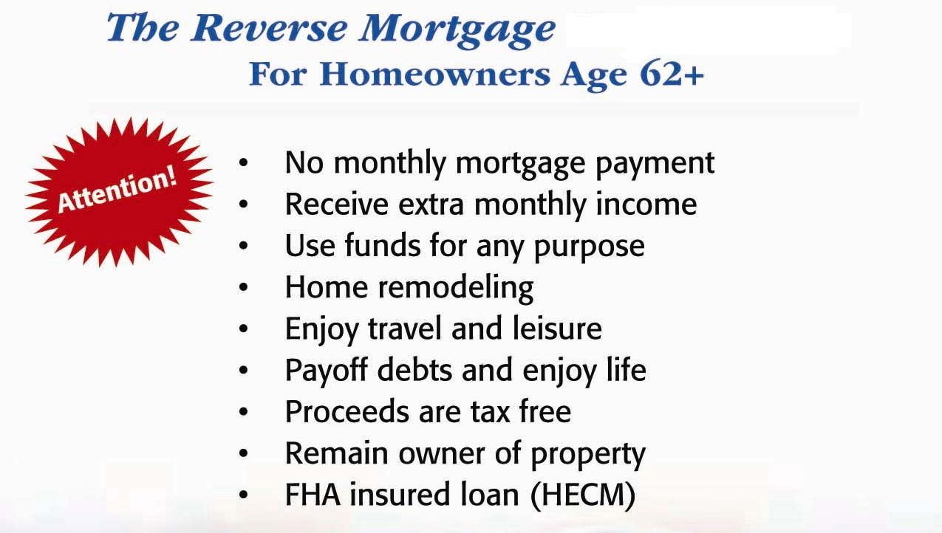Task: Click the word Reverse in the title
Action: coord(269,28)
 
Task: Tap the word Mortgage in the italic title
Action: coord(457,31)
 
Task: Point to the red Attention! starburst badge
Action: coord(119,193)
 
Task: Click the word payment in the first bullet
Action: coord(655,164)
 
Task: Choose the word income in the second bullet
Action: coord(646,204)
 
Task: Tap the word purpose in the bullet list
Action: coord(589,247)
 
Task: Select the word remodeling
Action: coord(456,287)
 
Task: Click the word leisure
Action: coord(557,329)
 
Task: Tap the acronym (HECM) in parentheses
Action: coord(583,495)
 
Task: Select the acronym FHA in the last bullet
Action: coord(313,495)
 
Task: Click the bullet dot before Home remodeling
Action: coord(244,287)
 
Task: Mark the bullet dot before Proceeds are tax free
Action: coord(244,412)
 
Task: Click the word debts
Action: coord(414,370)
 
